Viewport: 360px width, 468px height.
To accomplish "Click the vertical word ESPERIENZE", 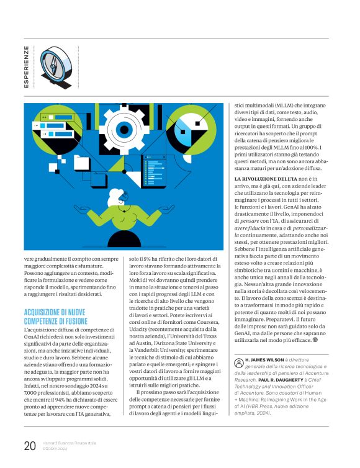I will click(x=26, y=66).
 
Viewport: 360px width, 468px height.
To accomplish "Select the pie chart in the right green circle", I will click(x=196, y=128).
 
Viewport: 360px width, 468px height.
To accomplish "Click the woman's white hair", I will click(x=116, y=197).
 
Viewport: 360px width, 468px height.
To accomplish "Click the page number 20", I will click(x=30, y=445).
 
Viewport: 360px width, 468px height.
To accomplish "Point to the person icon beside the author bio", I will click(x=238, y=361).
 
